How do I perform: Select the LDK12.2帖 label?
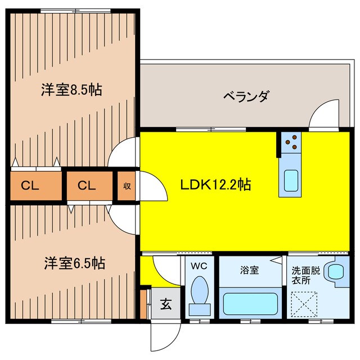click(215, 183)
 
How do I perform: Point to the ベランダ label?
click(245, 96)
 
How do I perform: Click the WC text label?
click(200, 265)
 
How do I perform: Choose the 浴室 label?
click(250, 270)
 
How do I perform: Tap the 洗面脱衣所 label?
click(303, 274)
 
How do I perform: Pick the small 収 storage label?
click(127, 185)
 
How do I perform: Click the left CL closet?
click(30, 185)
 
